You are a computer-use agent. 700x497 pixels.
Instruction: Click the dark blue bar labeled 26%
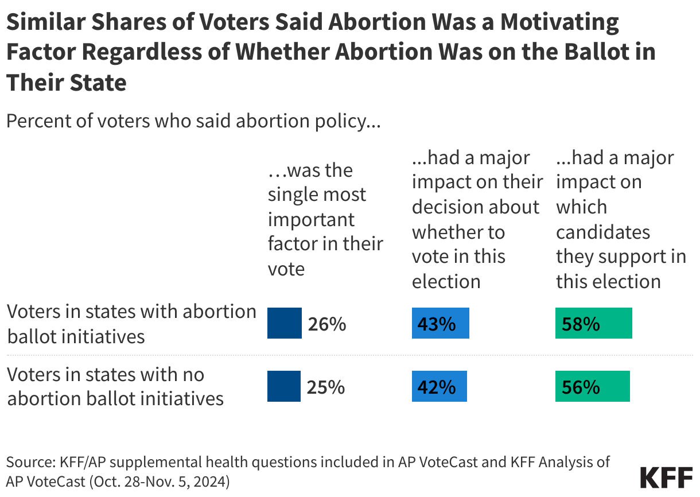pyautogui.click(x=285, y=324)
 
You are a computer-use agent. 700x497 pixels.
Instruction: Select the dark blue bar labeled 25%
pyautogui.click(x=284, y=386)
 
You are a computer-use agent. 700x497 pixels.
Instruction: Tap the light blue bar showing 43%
pyautogui.click(x=440, y=324)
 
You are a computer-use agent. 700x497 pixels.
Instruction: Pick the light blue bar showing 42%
pyautogui.click(x=440, y=386)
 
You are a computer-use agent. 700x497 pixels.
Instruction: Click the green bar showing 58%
pyautogui.click(x=593, y=324)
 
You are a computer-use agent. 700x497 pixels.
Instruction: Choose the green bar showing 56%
pyautogui.click(x=592, y=386)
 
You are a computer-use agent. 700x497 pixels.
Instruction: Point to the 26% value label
pyautogui.click(x=326, y=324)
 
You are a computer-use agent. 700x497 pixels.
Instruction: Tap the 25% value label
pyautogui.click(x=326, y=387)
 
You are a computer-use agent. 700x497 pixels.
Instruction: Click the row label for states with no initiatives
pyautogui.click(x=115, y=386)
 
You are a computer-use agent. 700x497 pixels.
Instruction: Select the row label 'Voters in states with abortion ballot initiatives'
pyautogui.click(x=131, y=324)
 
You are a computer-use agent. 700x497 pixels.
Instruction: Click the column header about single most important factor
pyautogui.click(x=325, y=219)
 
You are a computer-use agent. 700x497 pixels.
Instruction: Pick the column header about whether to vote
pyautogui.click(x=476, y=219)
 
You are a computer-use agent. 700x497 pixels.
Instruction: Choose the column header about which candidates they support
pyautogui.click(x=620, y=219)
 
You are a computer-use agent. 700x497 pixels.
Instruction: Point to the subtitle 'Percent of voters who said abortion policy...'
pyautogui.click(x=193, y=122)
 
